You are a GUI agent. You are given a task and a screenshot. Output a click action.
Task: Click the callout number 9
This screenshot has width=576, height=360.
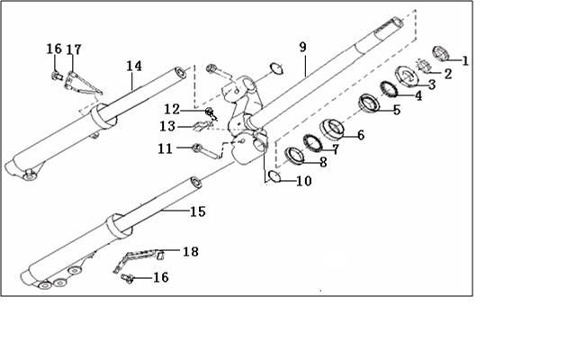tap(302, 48)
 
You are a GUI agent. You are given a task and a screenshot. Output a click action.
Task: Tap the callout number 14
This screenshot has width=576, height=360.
tap(134, 66)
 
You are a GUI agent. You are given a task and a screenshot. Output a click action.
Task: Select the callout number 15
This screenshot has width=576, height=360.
tap(198, 211)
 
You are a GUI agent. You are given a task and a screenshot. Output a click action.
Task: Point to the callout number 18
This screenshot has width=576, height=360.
tap(191, 252)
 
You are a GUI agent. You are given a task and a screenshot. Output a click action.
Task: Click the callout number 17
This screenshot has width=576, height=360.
tap(74, 49)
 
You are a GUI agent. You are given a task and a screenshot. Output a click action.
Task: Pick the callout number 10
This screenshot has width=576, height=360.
tap(304, 181)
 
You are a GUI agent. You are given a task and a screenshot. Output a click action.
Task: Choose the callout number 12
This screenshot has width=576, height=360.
tap(172, 109)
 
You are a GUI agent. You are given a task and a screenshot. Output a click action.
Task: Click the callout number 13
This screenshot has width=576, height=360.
tap(167, 126)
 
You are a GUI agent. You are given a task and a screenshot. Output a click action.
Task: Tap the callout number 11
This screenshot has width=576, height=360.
tap(166, 148)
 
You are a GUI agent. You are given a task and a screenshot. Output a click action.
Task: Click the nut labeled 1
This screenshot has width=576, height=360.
tap(441, 53)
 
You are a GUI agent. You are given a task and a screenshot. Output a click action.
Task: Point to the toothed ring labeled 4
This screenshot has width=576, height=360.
tap(389, 89)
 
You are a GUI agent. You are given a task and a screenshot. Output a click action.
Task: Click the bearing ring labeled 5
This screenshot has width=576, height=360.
tap(369, 103)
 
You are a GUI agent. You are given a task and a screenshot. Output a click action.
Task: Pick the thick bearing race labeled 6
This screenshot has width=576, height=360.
tap(332, 130)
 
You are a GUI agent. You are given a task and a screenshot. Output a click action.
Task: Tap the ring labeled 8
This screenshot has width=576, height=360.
tap(295, 155)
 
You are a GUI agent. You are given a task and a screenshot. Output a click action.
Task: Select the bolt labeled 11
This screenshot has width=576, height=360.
tap(207, 152)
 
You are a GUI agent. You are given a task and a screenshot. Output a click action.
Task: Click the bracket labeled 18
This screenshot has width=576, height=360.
tap(138, 260)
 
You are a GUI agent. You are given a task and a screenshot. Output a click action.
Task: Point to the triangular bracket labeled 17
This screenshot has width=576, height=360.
tap(82, 84)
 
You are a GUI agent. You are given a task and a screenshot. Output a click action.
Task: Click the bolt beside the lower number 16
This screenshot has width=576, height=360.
tap(128, 278)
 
